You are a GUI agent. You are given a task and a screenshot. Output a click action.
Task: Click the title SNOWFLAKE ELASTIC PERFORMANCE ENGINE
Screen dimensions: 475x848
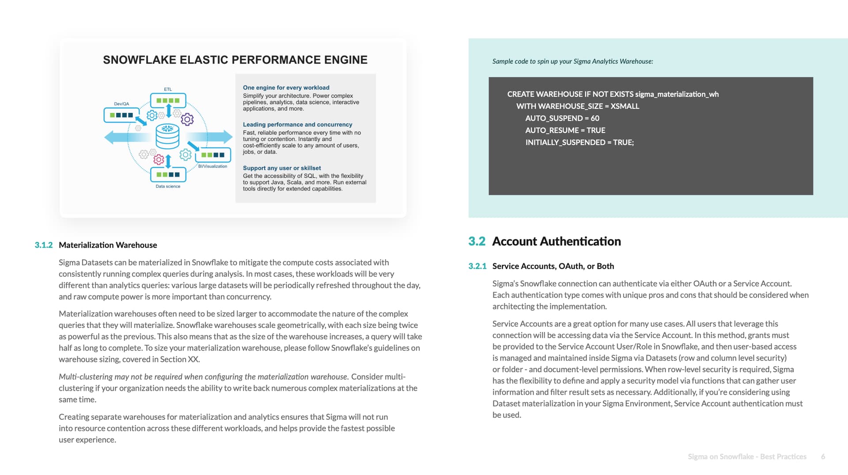point(235,60)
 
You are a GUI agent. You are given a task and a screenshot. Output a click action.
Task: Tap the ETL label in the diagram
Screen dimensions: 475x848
point(168,89)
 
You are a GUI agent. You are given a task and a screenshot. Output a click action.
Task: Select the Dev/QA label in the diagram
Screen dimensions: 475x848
point(121,104)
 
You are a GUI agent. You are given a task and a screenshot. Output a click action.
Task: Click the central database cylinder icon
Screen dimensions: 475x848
point(167,136)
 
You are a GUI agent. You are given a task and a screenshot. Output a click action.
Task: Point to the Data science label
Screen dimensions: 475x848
point(168,186)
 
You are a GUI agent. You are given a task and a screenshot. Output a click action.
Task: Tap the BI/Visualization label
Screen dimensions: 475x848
point(212,166)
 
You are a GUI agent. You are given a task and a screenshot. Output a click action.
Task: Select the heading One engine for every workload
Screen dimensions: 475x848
point(286,88)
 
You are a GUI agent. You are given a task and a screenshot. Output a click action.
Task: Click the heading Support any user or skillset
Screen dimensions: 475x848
point(282,168)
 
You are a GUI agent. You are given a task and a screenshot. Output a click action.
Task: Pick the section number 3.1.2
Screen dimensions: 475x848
point(43,245)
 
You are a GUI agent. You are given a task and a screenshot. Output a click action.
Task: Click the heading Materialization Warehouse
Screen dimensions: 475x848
point(108,245)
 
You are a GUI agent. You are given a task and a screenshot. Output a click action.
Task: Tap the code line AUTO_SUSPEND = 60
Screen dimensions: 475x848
point(562,118)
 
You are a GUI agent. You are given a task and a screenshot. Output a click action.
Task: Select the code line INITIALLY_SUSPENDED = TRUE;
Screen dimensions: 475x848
point(579,143)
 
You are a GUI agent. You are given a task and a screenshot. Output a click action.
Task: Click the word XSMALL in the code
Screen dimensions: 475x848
point(625,106)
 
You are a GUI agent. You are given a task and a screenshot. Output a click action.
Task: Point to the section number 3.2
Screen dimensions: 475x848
point(476,241)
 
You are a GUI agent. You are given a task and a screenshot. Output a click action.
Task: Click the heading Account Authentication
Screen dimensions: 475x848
point(556,241)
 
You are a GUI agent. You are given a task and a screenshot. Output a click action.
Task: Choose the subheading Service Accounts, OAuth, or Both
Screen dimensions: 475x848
point(553,266)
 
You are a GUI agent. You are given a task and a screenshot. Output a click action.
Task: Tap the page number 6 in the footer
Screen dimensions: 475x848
point(823,457)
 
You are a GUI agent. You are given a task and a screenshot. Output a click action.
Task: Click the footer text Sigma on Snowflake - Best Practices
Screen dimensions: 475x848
point(747,457)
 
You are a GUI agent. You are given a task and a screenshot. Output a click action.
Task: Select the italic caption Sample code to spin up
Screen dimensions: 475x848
point(572,61)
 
